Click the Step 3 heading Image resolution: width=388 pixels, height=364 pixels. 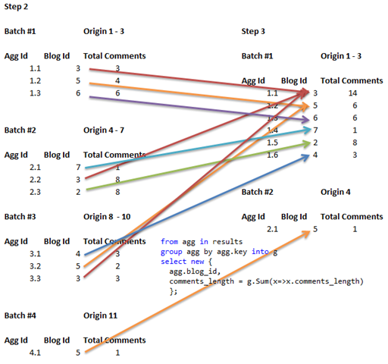coord(254,32)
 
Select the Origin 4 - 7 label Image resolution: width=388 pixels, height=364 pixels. coord(104,130)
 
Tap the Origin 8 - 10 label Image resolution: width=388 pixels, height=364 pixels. coord(107,216)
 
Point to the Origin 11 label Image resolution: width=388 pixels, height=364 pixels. coord(99,315)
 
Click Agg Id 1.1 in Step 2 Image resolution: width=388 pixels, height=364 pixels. coord(35,68)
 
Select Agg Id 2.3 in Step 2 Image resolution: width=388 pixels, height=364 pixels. coord(35,191)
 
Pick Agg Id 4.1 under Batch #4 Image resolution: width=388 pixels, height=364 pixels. coord(35,353)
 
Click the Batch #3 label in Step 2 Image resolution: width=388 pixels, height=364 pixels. coord(21,216)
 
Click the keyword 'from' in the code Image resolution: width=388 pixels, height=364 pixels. coord(169,242)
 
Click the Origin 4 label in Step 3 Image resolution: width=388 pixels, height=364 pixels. coord(336,192)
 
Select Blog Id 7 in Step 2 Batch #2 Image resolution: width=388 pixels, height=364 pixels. coord(78,167)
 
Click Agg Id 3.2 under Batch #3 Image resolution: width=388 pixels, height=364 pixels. coord(35,266)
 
